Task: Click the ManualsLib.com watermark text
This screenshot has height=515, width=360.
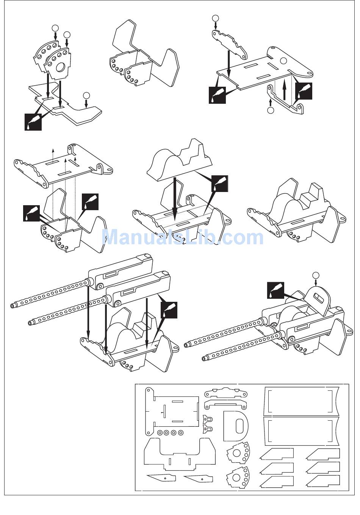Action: pyautogui.click(x=183, y=237)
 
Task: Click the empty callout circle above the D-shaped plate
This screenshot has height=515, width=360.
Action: pyautogui.click(x=315, y=275)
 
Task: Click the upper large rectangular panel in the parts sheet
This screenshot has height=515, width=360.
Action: pyautogui.click(x=300, y=401)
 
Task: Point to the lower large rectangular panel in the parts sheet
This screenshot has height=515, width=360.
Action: pyautogui.click(x=300, y=431)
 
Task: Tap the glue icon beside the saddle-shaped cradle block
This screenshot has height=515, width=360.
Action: pyautogui.click(x=220, y=184)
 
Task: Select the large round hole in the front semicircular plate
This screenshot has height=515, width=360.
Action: pyautogui.click(x=60, y=68)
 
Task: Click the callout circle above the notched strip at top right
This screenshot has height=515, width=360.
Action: pyautogui.click(x=216, y=18)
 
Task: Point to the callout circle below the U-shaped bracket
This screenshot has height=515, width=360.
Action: pyautogui.click(x=270, y=110)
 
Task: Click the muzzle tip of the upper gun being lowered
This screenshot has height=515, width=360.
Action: pyautogui.click(x=13, y=306)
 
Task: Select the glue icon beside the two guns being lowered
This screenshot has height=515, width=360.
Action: pyautogui.click(x=169, y=310)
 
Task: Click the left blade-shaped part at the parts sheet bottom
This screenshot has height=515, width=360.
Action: pyautogui.click(x=161, y=478)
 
